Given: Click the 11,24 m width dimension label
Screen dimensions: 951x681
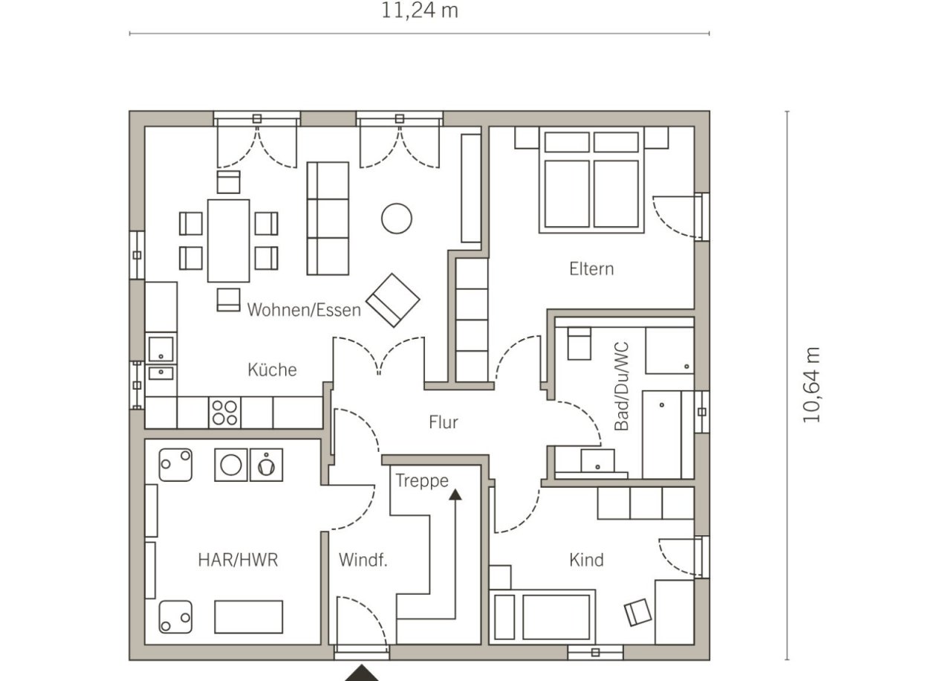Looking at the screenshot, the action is (x=420, y=10).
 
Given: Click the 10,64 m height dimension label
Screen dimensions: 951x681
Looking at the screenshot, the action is (x=811, y=385).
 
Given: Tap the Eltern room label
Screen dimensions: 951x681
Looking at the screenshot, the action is (x=591, y=269).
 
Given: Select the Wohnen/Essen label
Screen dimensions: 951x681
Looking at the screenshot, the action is (x=304, y=310).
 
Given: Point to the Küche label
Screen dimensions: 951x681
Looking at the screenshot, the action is (x=272, y=369).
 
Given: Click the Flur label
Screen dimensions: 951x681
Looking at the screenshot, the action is (x=444, y=422).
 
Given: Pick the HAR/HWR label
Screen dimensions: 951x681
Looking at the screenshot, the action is (x=238, y=560).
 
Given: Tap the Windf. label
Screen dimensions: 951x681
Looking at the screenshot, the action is (x=363, y=560).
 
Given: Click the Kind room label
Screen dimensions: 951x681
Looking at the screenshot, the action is (x=586, y=560).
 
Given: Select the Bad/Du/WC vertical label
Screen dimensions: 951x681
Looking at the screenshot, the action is (x=622, y=386).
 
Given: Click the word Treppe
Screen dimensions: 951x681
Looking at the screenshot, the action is (x=422, y=481).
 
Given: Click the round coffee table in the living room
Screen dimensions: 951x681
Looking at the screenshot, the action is (x=397, y=219).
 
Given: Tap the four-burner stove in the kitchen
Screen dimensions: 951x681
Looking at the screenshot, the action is (x=224, y=413).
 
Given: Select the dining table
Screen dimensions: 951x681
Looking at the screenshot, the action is (x=228, y=241).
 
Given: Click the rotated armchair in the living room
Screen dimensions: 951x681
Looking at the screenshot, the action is (x=393, y=300).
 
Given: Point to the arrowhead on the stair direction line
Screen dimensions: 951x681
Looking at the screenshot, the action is (x=455, y=494).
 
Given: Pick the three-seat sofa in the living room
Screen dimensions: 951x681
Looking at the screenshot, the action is (x=328, y=219).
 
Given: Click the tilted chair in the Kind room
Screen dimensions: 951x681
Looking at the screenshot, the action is (x=637, y=613).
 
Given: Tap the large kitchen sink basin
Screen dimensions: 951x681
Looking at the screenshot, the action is (x=161, y=349).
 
